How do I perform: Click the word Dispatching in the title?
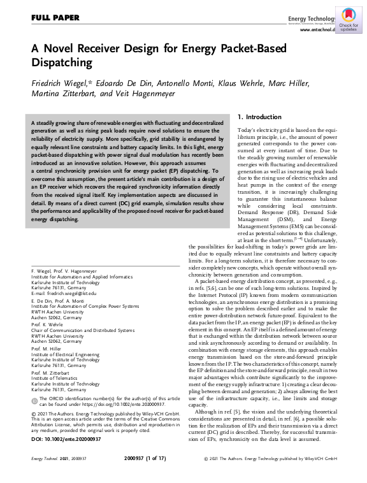click(62, 63)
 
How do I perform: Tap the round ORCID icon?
click(34, 399)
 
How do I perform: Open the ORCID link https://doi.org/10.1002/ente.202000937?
click(126, 404)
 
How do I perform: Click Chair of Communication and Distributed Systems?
click(83, 330)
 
